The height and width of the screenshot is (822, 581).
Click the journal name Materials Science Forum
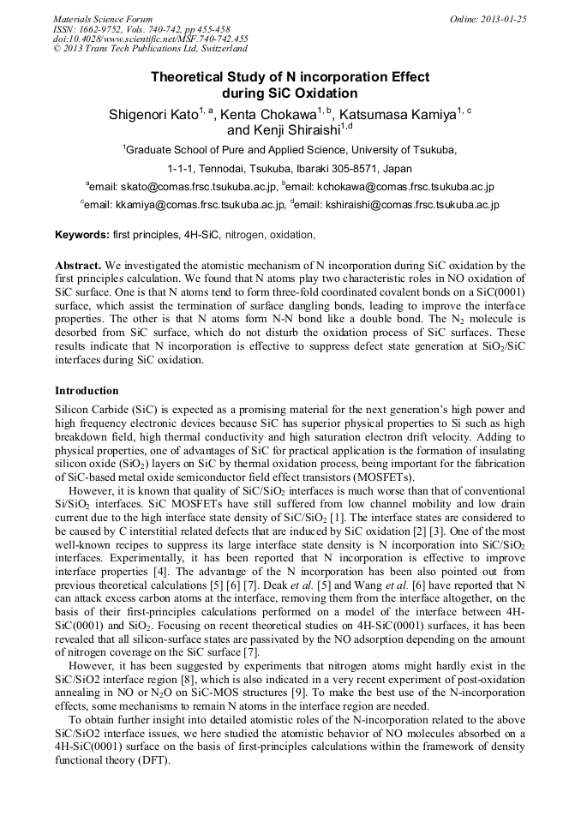click(103, 19)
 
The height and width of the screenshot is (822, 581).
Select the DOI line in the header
click(150, 39)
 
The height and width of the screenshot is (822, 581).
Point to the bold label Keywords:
click(81, 234)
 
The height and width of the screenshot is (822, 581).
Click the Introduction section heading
click(87, 390)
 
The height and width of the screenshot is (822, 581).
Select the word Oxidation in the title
click(325, 93)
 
